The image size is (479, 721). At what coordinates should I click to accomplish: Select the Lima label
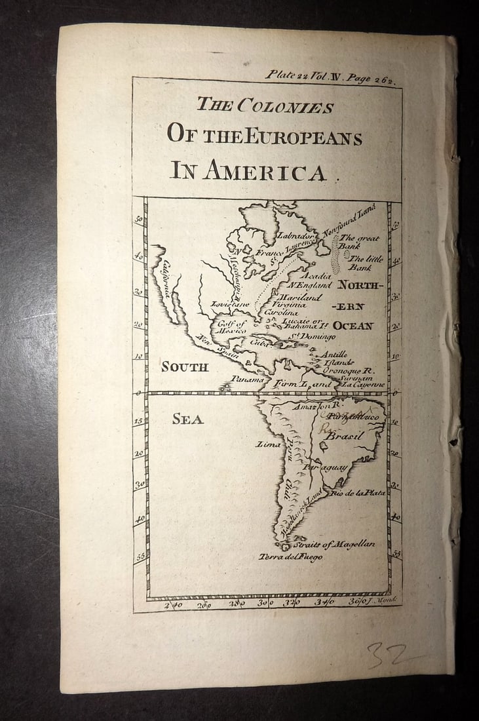pos(269,444)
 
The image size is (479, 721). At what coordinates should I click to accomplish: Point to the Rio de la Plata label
pos(358,492)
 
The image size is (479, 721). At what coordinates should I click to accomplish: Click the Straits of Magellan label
pos(334,544)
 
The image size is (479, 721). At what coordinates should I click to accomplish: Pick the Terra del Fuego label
pos(290,557)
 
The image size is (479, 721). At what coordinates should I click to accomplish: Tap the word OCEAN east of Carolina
pos(353,326)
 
